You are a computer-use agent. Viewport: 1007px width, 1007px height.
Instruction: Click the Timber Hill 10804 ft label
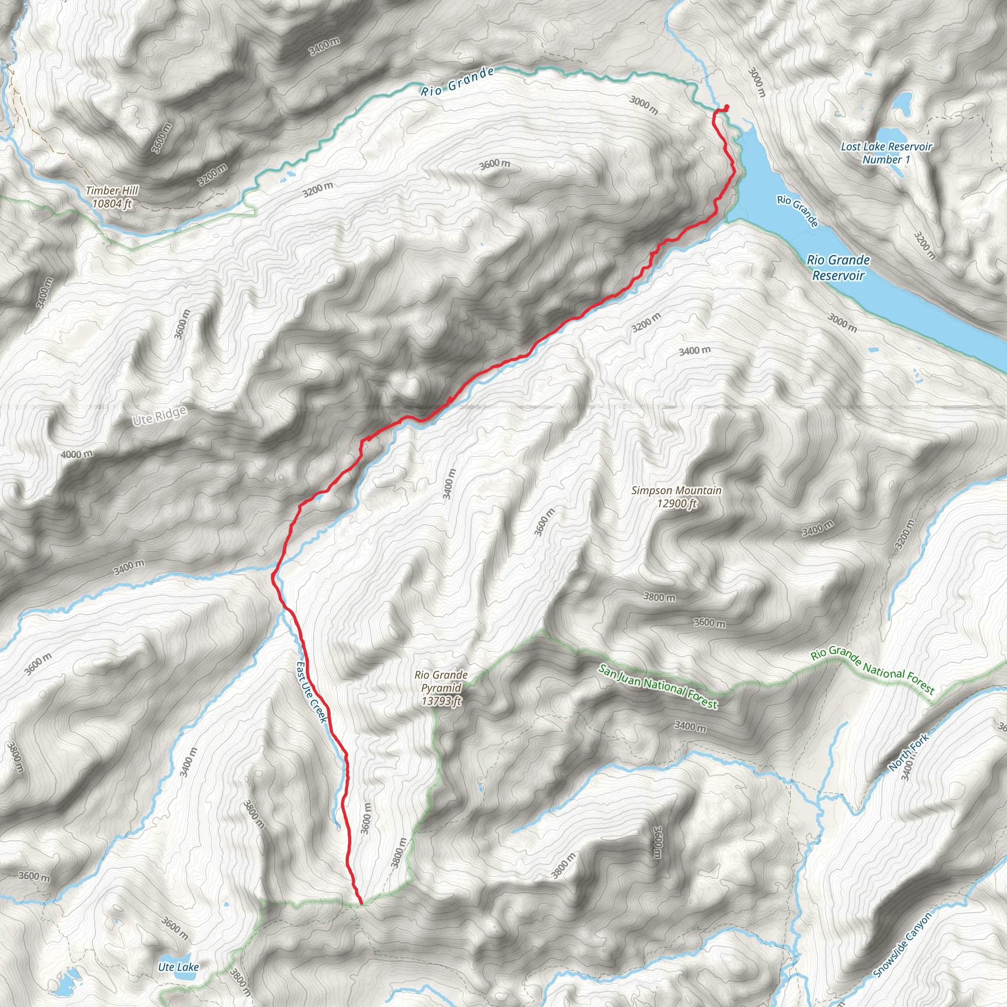112,197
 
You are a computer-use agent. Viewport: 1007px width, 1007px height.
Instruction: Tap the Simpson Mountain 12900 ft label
677,497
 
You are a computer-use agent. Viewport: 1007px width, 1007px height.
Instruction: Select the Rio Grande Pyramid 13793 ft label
441,688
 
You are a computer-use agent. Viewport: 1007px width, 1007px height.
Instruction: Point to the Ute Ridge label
159,416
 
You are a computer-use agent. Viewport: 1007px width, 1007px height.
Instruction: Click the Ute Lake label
178,967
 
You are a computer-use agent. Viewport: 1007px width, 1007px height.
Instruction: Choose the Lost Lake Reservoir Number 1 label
886,153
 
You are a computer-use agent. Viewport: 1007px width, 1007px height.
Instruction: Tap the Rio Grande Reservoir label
838,267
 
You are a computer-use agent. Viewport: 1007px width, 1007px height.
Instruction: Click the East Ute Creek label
312,692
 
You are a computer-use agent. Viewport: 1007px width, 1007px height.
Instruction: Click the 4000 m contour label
77,454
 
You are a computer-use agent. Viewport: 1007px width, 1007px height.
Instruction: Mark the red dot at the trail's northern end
727,107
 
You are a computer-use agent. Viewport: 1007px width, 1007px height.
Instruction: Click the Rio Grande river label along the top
457,81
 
